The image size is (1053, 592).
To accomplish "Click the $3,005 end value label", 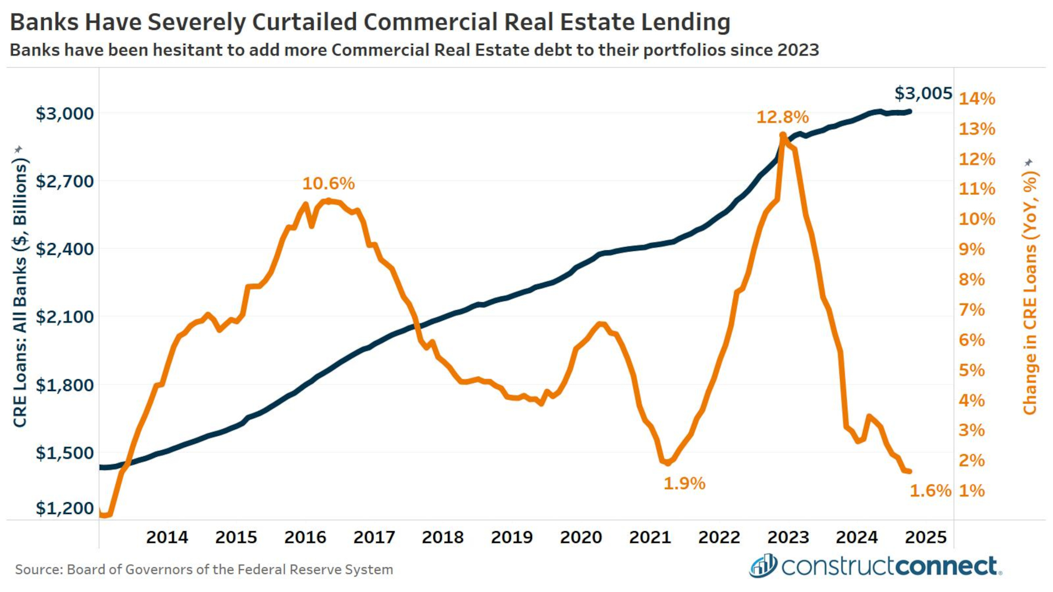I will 923,94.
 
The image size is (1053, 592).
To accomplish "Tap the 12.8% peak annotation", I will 782,117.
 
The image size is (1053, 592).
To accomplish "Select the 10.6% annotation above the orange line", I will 328,183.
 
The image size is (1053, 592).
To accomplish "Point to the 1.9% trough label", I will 684,484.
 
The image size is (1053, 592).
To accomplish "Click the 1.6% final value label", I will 930,491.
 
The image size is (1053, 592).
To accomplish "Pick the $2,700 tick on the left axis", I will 64,182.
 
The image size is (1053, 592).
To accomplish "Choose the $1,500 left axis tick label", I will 64,453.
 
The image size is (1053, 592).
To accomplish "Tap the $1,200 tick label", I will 64,508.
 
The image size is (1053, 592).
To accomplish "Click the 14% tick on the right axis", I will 977,99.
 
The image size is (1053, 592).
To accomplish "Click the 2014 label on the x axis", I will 167,537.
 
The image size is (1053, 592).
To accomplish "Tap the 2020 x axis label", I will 581,537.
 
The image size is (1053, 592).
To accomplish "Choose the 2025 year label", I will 926,537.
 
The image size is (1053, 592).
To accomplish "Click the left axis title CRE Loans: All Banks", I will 21,294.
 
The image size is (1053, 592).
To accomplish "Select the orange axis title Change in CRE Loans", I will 1030,294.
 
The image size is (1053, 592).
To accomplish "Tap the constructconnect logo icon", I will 763,566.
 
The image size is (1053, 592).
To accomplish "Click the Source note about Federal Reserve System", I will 204,570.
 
